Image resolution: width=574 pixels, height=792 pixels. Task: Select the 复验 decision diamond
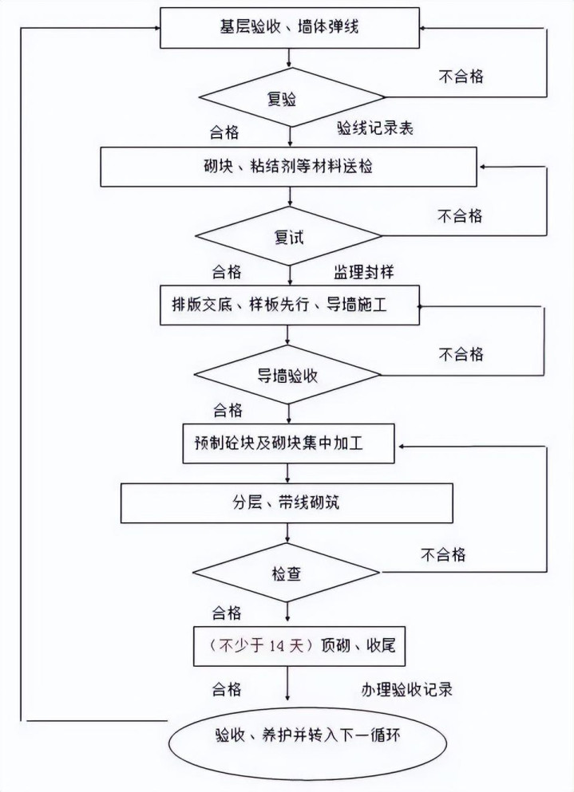pos(281,98)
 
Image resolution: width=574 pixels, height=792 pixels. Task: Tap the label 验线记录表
pos(374,129)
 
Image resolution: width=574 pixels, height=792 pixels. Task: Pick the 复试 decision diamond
pos(289,237)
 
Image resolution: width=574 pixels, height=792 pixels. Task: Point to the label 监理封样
pos(363,271)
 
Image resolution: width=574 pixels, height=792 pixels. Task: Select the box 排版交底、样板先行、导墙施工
pos(290,305)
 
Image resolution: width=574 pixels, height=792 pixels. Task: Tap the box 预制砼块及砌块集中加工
pos(290,443)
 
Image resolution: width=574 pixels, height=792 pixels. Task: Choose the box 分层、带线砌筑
pos(287,503)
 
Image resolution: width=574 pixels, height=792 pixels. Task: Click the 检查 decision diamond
pos(287,573)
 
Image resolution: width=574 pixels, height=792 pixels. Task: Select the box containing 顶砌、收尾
pos(295,644)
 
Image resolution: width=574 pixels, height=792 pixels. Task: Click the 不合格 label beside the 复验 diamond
pos(461,77)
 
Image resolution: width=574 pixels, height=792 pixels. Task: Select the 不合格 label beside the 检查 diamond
pos(443,554)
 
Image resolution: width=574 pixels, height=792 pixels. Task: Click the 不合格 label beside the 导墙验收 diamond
pos(461,354)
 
